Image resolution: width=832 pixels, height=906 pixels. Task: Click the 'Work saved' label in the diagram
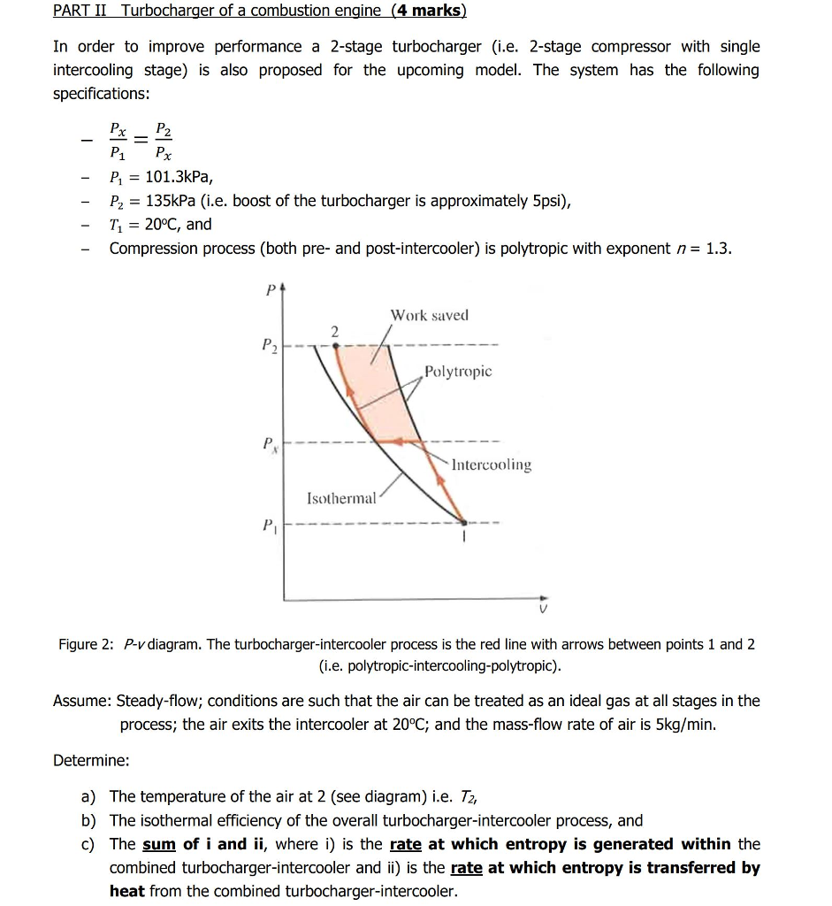pyautogui.click(x=430, y=315)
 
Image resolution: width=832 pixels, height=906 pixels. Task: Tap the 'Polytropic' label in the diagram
pyautogui.click(x=458, y=372)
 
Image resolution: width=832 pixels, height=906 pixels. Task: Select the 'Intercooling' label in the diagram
pyautogui.click(x=492, y=465)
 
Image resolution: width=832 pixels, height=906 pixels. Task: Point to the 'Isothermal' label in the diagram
pyautogui.click(x=341, y=498)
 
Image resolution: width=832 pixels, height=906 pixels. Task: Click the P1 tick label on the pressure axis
pyautogui.click(x=270, y=526)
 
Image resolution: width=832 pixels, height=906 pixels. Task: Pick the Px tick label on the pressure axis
pyautogui.click(x=270, y=442)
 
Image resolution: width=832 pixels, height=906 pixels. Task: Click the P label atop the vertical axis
pyautogui.click(x=271, y=289)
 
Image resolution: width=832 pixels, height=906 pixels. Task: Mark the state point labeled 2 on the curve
pyautogui.click(x=335, y=346)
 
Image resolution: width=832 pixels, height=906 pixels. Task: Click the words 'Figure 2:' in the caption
pyautogui.click(x=86, y=644)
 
